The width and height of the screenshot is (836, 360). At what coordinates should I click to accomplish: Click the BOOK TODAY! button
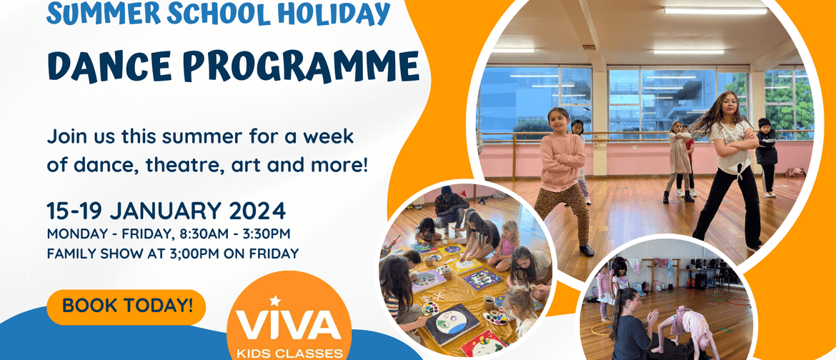[126, 306]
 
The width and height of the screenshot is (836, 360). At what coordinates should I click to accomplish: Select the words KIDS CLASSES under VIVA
[289, 354]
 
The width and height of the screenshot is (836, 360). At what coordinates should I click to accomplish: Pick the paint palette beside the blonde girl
[495, 318]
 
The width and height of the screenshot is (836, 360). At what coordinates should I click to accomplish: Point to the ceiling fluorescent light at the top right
[715, 10]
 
